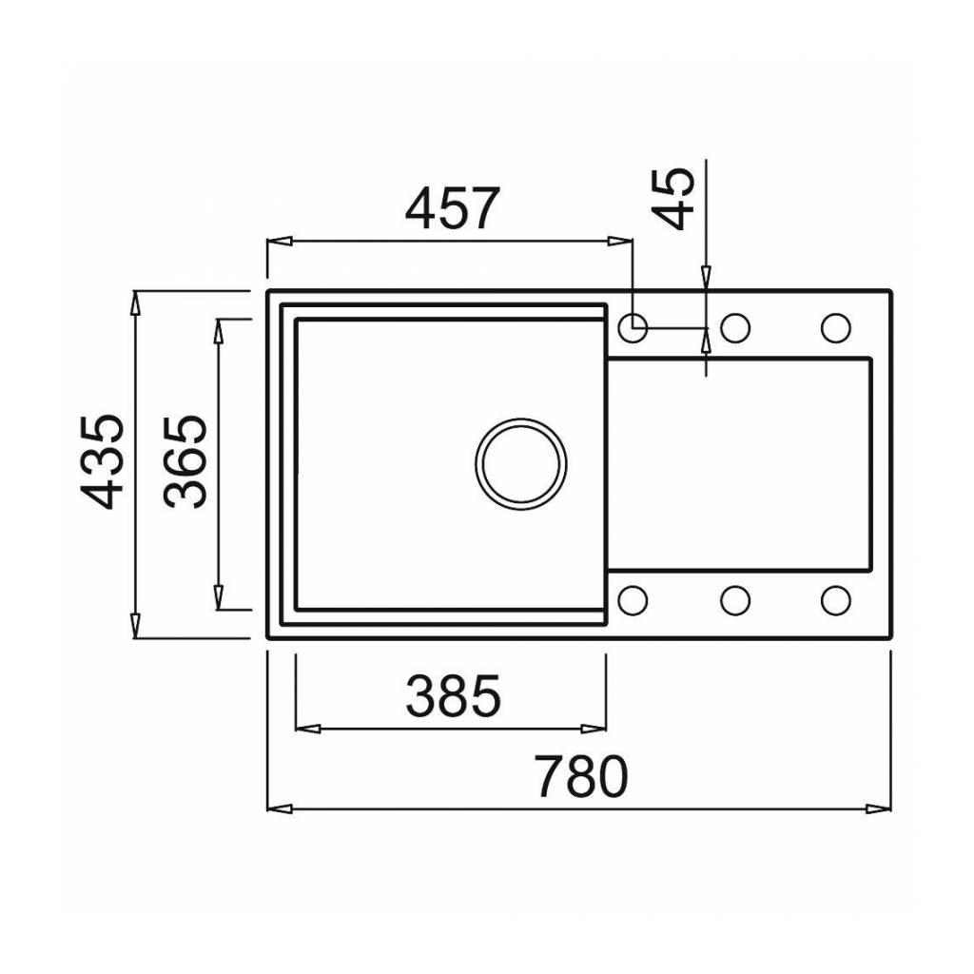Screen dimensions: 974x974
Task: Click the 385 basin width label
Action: (452, 696)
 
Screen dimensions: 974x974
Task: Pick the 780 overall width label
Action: (579, 777)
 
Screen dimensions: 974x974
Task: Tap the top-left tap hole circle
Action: (633, 327)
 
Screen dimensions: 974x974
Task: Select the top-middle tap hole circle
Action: (735, 327)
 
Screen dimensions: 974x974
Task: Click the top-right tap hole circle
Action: (835, 327)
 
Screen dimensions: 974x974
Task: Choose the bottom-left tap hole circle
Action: (633, 600)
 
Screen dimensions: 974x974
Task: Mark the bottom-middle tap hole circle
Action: (735, 600)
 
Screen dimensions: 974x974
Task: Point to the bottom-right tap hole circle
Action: (835, 600)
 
